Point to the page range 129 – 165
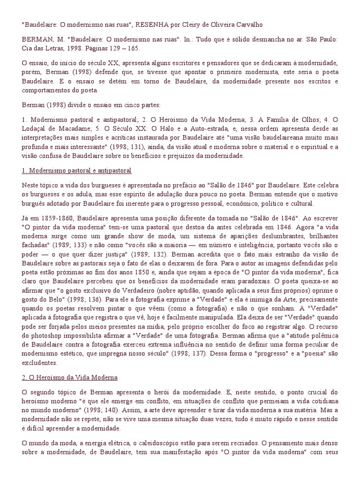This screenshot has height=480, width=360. click(130, 48)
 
